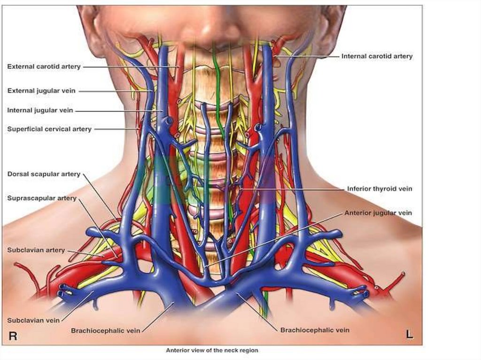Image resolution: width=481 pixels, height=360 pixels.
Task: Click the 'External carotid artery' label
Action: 44,67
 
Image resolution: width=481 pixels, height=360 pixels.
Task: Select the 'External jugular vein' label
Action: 41,91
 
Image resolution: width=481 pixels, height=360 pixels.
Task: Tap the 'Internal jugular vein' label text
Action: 40,110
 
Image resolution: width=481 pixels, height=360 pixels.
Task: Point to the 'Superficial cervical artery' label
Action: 49,129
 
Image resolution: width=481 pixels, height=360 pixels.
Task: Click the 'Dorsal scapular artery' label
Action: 44,174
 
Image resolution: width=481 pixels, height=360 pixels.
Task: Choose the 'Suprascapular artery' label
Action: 42,198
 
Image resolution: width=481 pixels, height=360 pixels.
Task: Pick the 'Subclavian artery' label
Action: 36,250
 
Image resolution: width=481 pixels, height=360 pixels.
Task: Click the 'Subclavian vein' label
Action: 33,320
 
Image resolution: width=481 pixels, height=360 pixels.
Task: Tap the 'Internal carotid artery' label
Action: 377,56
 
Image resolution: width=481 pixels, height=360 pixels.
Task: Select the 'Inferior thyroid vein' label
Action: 380,189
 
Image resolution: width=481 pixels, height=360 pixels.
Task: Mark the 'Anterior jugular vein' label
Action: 378,213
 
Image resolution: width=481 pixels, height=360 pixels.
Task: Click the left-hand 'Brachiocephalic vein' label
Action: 106,330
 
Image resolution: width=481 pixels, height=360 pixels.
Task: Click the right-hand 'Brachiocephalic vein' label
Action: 315,330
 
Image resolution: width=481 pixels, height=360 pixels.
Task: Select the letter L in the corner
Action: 409,335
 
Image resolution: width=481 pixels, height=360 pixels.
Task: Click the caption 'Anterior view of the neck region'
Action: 212,350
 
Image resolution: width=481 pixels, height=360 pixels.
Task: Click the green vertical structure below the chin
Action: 217,84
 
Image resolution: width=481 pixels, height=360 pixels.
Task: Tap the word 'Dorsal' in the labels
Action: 18,174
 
